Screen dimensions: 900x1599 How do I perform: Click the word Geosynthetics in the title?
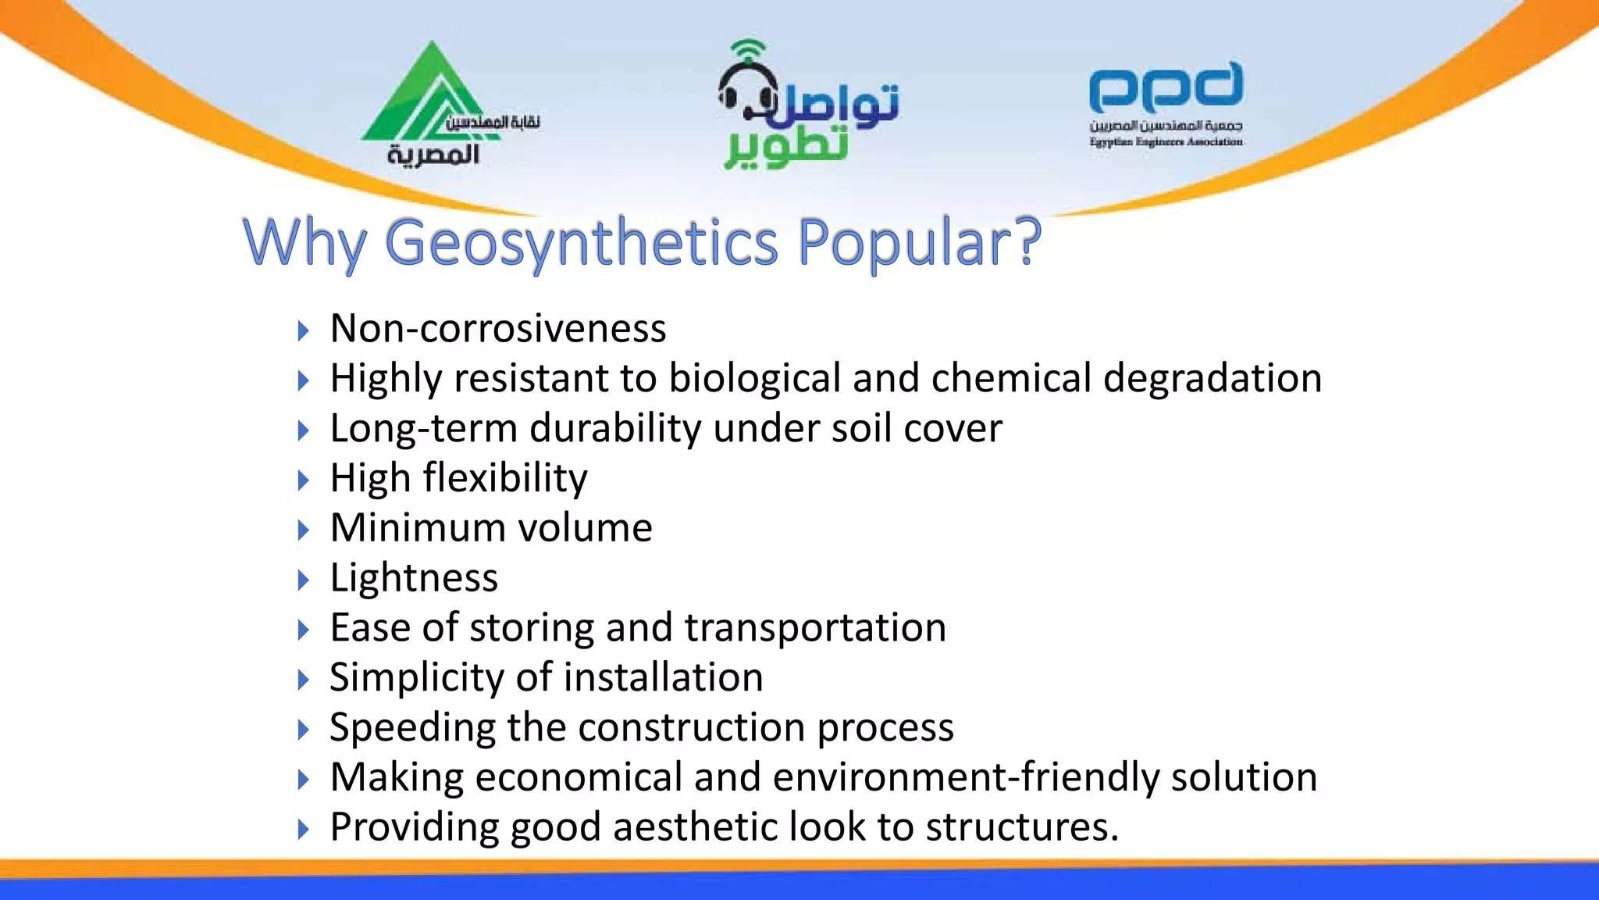click(582, 242)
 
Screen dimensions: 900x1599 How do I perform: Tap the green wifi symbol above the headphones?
click(748, 49)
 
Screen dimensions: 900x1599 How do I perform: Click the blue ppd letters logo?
click(1166, 87)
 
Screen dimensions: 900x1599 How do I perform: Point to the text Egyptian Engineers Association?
click(1166, 142)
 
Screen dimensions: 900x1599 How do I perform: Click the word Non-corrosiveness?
click(498, 328)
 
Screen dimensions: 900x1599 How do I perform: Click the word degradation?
click(1212, 378)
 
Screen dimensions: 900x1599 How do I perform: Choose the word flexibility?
click(505, 477)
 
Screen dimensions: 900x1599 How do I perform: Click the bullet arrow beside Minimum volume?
click(304, 530)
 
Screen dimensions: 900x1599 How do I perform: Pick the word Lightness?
click(414, 578)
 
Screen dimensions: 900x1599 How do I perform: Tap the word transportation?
click(815, 627)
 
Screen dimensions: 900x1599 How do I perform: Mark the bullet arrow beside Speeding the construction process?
click(304, 730)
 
